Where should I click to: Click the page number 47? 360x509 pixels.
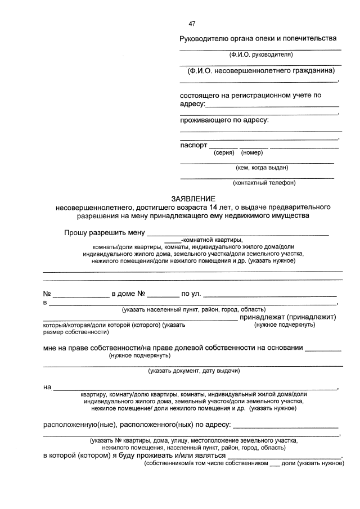click(192, 24)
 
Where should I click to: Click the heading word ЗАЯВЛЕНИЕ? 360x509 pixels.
click(193, 199)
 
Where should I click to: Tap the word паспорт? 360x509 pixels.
click(194, 145)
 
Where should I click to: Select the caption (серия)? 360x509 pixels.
click(224, 152)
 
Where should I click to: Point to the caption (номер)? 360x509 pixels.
click(252, 152)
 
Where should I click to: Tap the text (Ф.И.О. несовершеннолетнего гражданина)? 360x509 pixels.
click(261, 70)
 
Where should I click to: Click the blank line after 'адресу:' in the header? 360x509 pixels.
click(273, 105)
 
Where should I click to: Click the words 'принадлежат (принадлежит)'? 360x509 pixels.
click(287, 317)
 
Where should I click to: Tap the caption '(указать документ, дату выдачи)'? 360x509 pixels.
click(194, 371)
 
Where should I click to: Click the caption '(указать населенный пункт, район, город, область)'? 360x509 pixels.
click(194, 309)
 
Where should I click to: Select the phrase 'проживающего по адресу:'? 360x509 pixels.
click(224, 120)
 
